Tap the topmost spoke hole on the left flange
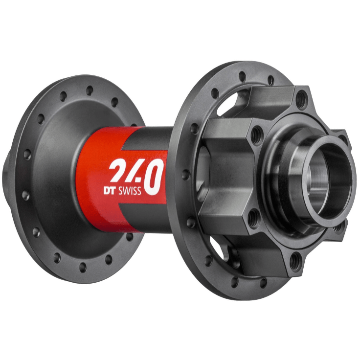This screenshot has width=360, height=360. click(x=89, y=90)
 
